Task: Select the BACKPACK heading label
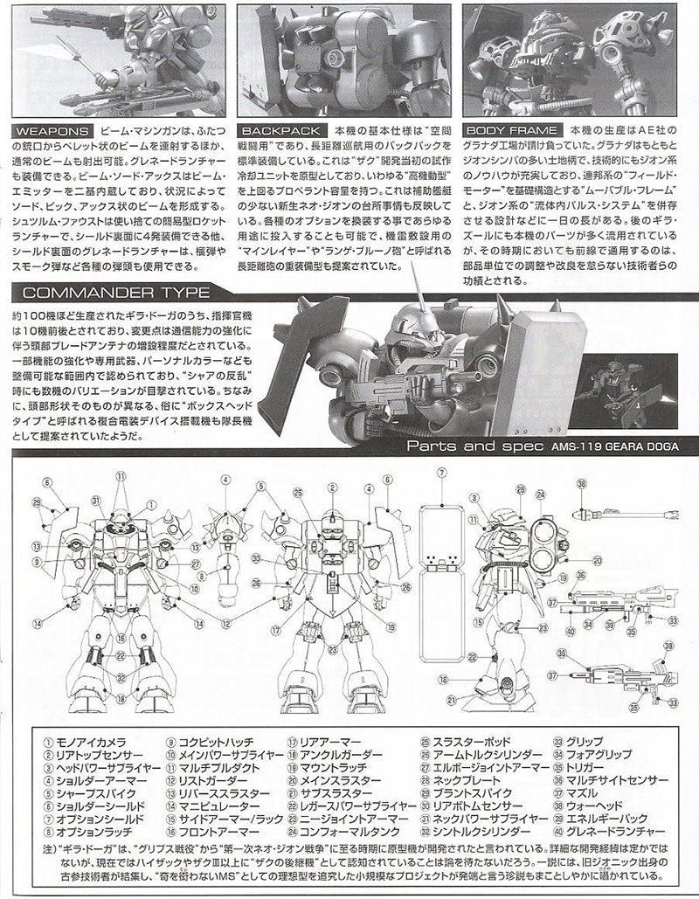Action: [269, 129]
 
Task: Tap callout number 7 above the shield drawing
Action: [443, 473]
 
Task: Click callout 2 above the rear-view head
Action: [332, 487]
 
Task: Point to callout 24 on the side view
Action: [541, 495]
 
